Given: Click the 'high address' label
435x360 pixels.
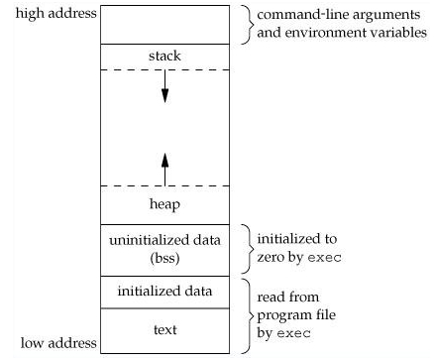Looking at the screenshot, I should pos(49,13).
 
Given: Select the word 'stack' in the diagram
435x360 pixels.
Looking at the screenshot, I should pos(165,57).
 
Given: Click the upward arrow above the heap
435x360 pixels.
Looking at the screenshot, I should pos(165,164).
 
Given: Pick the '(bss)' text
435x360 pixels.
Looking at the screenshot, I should pos(165,257).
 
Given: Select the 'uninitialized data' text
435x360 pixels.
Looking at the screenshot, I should pos(165,240).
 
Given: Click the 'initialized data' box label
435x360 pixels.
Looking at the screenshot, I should pos(165,292).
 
